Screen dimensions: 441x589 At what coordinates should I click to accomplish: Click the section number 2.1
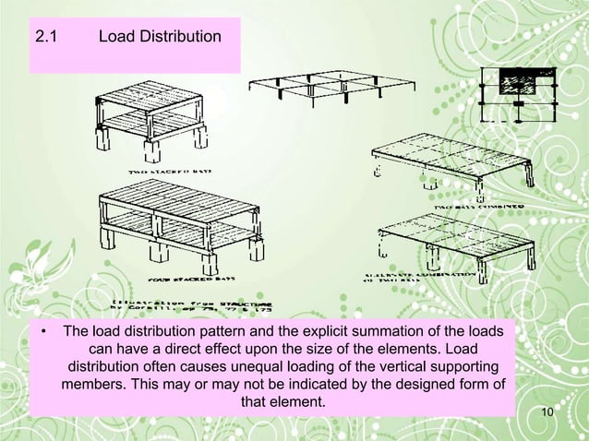(45, 38)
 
